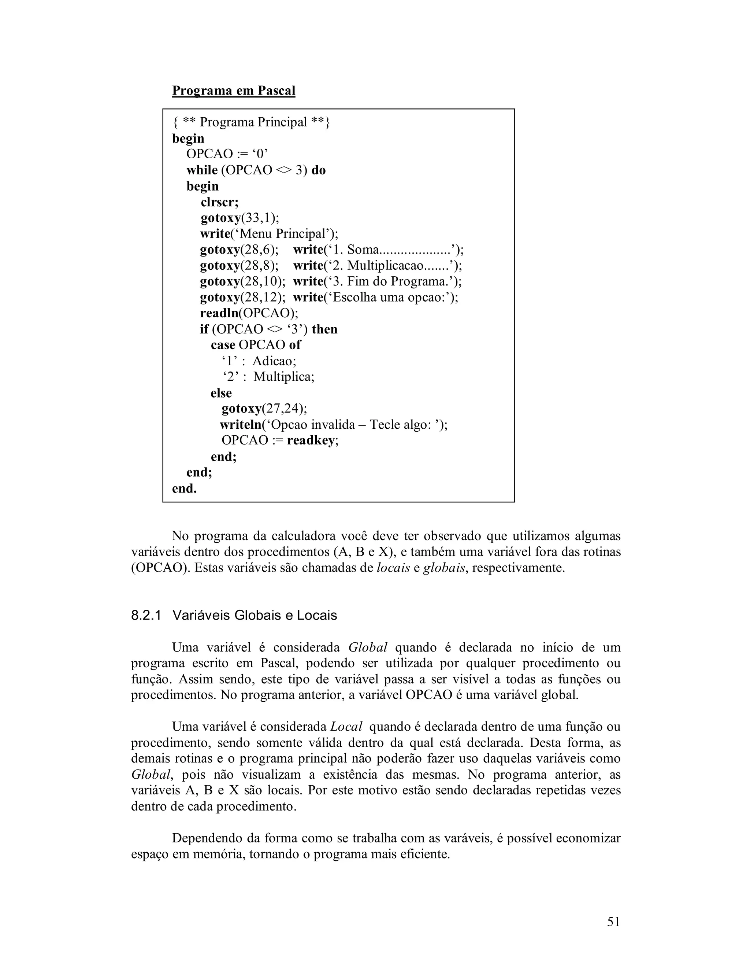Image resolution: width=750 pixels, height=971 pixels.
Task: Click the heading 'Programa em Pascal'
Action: point(233,91)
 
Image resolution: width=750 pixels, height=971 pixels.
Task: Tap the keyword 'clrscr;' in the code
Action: point(219,202)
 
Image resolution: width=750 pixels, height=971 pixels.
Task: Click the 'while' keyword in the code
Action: point(202,170)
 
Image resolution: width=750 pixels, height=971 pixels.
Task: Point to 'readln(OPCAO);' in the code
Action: point(249,313)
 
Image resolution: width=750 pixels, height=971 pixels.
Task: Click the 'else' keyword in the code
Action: point(221,393)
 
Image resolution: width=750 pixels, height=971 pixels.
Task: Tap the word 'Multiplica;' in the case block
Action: point(284,377)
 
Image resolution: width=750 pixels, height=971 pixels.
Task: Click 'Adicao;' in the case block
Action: point(274,361)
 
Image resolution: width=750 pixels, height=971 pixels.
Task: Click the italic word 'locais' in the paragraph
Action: point(393,568)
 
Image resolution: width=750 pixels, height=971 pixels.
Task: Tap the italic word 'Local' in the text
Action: point(346,727)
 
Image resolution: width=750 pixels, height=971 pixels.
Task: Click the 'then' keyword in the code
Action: point(324,329)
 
